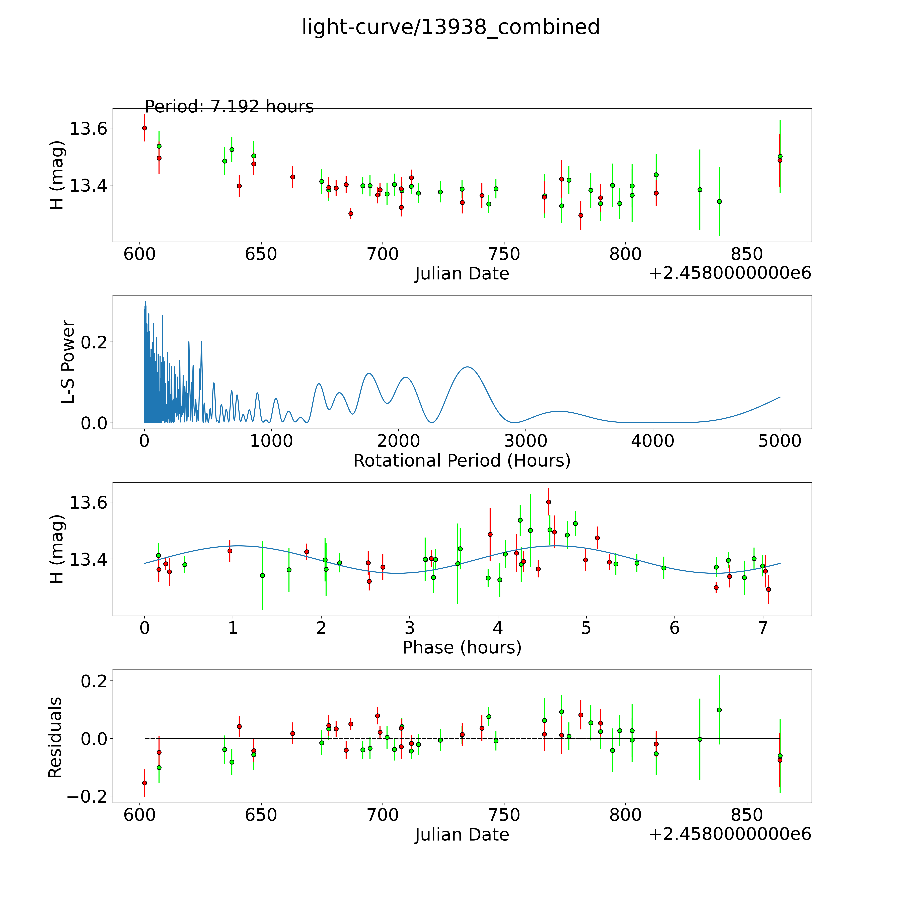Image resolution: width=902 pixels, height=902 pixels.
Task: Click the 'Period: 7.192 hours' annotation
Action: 229,107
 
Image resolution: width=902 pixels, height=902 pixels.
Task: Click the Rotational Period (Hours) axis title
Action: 462,461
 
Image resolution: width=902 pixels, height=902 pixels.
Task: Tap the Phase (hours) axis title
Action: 462,648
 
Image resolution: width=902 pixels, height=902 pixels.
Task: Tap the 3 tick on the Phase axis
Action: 409,628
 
